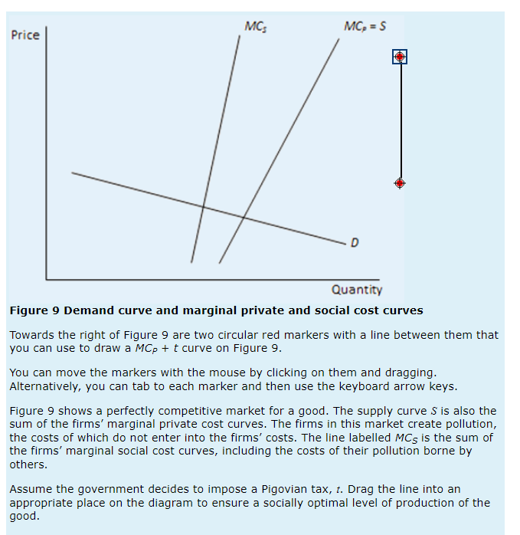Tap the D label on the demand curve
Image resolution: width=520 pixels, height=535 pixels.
coord(354,244)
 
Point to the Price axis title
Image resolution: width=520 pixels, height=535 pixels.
coord(25,35)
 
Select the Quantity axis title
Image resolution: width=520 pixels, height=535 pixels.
coord(356,290)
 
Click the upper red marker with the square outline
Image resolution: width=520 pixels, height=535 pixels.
coord(400,57)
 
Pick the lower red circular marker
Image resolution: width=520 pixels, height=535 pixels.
coord(400,183)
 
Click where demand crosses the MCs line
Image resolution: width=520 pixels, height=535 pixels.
coord(203,206)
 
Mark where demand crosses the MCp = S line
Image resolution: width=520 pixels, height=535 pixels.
coord(244,217)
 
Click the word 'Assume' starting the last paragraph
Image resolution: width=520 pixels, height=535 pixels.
coord(31,489)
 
